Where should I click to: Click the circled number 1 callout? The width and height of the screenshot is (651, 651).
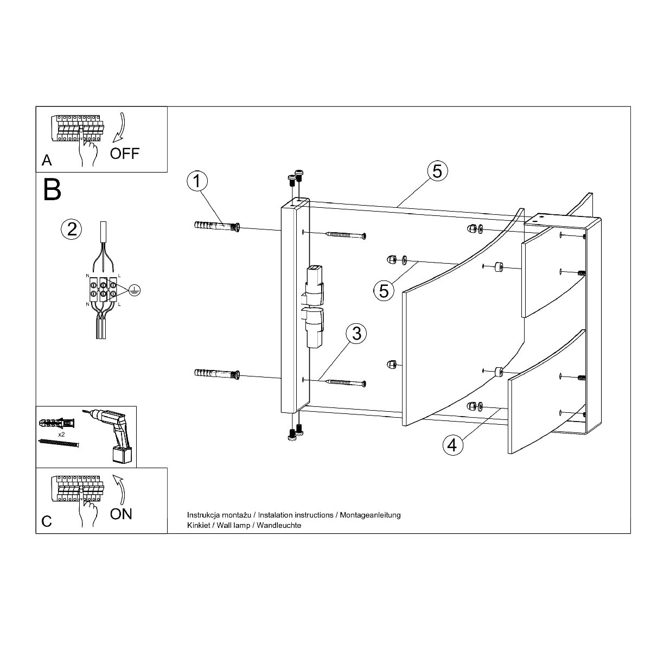[x=197, y=181]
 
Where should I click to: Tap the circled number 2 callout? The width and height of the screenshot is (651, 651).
[x=72, y=229]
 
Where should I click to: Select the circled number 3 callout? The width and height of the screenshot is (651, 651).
[x=357, y=334]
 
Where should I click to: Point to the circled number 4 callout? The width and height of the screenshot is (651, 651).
[x=452, y=445]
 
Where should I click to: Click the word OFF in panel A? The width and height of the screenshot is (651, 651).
[x=125, y=154]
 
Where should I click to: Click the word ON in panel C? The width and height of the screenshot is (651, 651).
[x=121, y=514]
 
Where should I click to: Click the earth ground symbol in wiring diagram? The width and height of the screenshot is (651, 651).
[x=135, y=290]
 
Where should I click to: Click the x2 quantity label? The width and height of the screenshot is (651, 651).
[x=61, y=435]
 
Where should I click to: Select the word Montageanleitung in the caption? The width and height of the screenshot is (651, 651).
[x=371, y=515]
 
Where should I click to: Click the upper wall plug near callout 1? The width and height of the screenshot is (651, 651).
[x=217, y=226]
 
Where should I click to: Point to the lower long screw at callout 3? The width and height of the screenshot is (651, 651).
[x=345, y=382]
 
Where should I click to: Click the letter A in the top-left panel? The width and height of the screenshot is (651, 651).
[x=47, y=161]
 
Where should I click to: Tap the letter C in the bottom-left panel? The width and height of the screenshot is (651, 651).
[x=47, y=521]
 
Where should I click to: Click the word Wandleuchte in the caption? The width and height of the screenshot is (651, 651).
[x=279, y=525]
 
